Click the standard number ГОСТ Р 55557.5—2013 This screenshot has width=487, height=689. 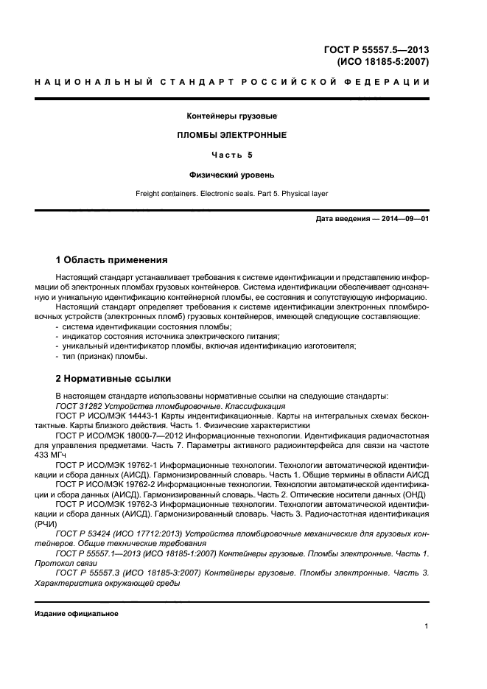point(376,49)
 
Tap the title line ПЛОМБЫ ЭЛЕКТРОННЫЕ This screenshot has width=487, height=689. point(232,136)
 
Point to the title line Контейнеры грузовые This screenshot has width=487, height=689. point(232,116)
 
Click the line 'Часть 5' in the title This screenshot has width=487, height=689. point(232,155)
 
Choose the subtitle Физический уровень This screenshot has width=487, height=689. point(232,175)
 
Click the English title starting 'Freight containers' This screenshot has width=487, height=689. point(232,194)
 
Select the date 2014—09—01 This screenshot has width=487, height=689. point(403,219)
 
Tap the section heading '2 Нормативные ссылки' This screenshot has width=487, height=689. point(113,379)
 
